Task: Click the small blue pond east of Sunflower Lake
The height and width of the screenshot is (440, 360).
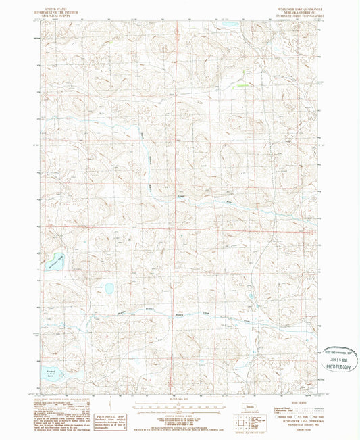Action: click(x=109, y=289)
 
